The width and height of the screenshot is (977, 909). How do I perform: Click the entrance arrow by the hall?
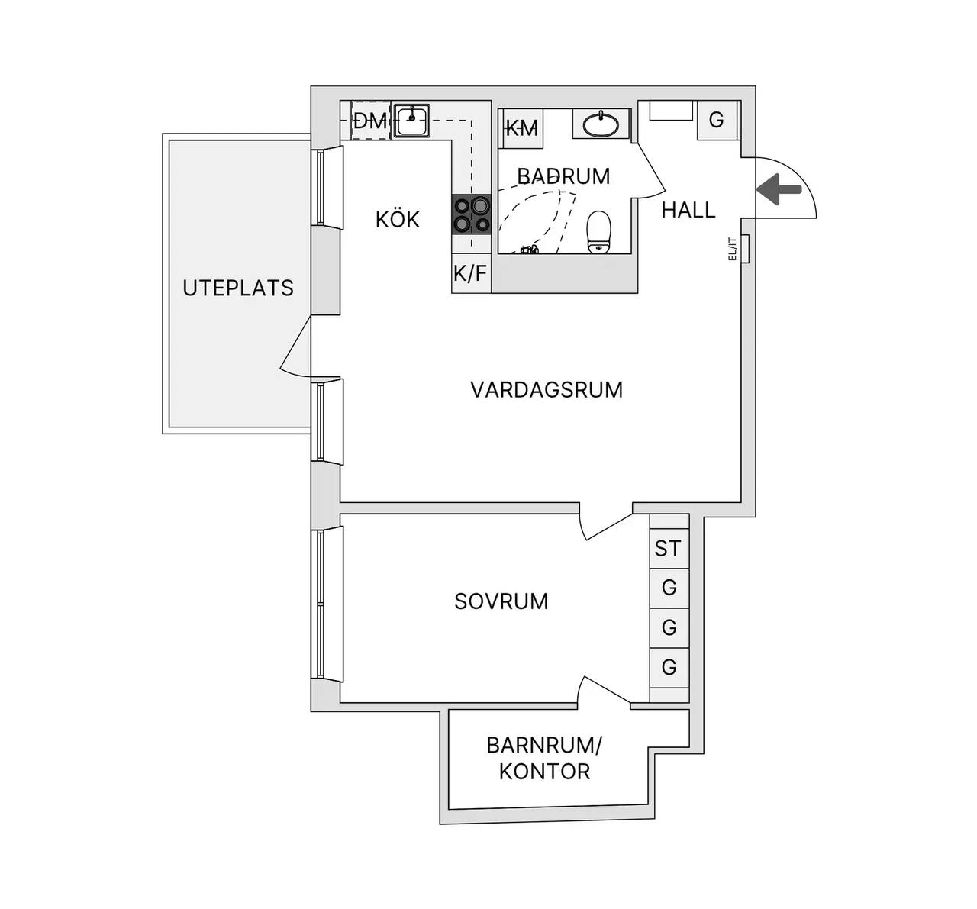(x=779, y=189)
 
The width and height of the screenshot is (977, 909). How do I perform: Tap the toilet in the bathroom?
(x=598, y=232)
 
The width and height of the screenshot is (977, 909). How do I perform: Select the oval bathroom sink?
(x=601, y=124)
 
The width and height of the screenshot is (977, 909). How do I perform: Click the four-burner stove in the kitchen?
(x=472, y=214)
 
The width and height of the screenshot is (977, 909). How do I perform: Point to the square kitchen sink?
(x=411, y=121)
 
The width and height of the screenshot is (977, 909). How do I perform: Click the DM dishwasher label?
(x=370, y=121)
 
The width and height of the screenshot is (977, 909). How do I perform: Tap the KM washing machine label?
(x=522, y=129)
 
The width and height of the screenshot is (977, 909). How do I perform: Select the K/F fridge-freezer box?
(x=471, y=273)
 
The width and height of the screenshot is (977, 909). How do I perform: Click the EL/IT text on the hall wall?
(x=733, y=249)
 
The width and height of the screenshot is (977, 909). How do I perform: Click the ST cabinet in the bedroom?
(x=669, y=548)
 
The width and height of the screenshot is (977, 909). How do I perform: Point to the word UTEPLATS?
(x=238, y=288)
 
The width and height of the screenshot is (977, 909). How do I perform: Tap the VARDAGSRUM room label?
(x=547, y=390)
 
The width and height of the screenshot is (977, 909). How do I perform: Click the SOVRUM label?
(x=501, y=601)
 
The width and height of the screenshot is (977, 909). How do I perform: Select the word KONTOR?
(x=544, y=772)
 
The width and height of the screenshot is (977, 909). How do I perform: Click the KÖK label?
(x=398, y=220)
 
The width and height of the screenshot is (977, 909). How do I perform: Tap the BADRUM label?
(x=564, y=176)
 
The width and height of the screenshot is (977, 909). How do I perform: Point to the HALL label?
(x=688, y=210)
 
